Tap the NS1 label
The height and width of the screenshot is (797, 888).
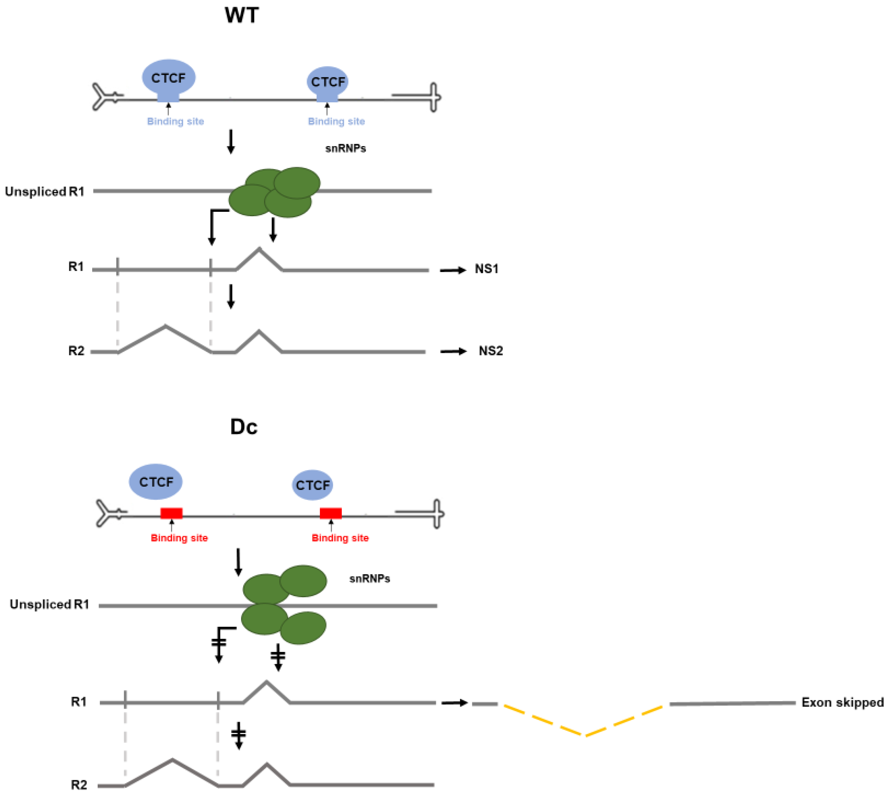(486, 269)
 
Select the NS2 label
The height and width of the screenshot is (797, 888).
(490, 351)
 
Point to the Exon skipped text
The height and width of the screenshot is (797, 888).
(842, 702)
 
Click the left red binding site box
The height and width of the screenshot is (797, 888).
(171, 513)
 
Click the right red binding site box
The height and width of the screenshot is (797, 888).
(330, 513)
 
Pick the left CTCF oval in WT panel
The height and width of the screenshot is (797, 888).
(169, 78)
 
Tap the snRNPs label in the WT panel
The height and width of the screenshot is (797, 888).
(345, 149)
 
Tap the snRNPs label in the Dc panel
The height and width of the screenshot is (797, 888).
(369, 578)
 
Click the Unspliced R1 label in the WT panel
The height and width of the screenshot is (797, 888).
(44, 191)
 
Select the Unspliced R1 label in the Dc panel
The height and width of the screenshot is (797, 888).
(50, 604)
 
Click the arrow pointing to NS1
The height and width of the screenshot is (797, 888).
(453, 270)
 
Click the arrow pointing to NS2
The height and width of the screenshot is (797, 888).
(453, 351)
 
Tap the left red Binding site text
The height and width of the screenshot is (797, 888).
(179, 538)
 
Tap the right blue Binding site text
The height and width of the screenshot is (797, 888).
(336, 121)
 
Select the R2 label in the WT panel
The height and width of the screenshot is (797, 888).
(76, 351)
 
